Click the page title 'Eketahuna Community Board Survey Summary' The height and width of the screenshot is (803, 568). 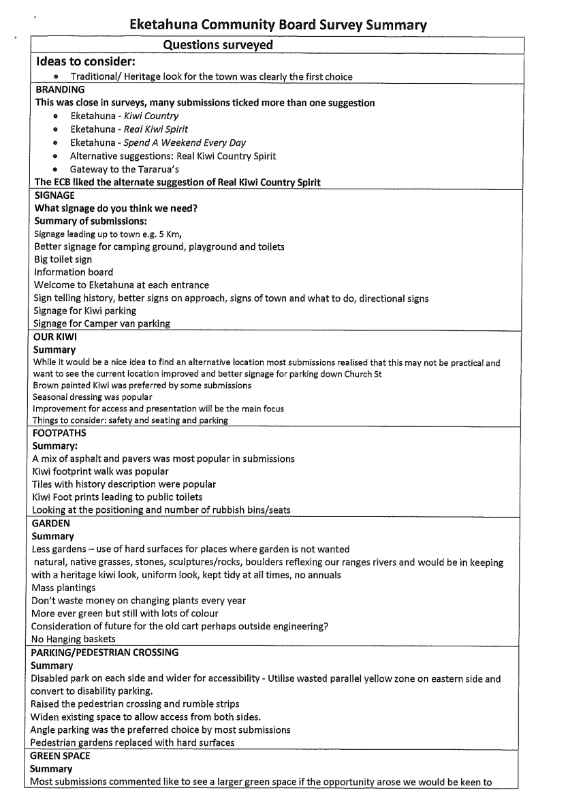point(279,26)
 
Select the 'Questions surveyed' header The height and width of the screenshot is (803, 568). point(219,45)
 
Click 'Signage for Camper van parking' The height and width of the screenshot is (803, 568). point(101,323)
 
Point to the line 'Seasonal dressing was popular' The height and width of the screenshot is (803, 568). point(93,396)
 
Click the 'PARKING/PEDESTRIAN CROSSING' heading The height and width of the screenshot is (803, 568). point(106,652)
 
